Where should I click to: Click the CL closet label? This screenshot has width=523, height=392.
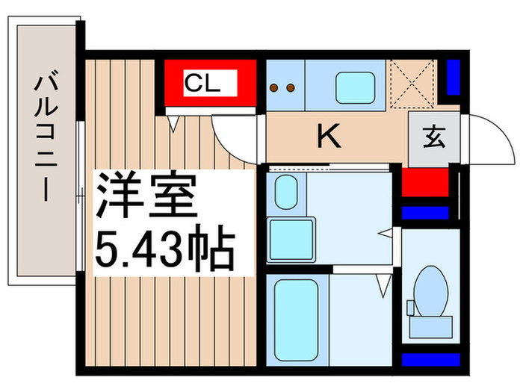202,83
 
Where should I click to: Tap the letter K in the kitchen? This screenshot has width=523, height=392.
329,135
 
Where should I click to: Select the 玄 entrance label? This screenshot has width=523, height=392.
434,137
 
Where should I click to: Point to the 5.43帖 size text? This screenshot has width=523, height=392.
165,248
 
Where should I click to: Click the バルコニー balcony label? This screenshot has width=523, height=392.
46,138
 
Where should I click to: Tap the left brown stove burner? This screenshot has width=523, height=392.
274,88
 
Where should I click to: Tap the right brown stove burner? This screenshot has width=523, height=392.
291,88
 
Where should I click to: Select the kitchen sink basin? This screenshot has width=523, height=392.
355,88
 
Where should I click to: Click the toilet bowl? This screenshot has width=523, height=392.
430,290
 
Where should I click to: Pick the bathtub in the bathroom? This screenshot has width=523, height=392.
296,320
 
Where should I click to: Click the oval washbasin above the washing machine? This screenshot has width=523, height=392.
286,193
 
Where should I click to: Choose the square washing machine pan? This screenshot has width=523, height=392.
291,240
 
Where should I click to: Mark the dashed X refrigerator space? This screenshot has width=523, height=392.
412,84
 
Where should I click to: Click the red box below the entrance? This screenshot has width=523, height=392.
425,182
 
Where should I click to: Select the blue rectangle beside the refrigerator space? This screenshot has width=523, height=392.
454,77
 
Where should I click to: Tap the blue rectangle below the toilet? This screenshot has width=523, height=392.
430,360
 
